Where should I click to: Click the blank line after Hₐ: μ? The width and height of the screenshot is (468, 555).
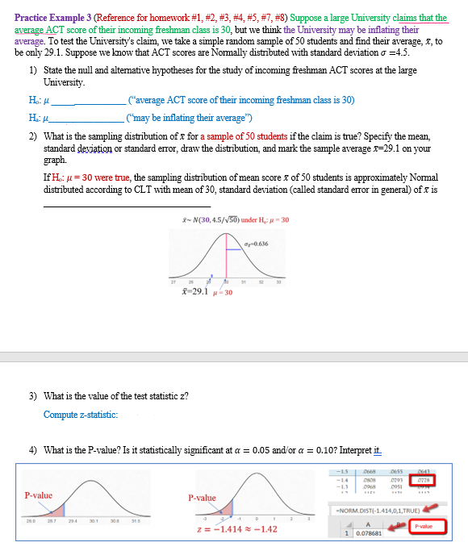[95, 118]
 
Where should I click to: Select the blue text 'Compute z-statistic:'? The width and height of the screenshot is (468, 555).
[81, 415]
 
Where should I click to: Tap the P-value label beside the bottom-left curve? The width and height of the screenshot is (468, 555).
[38, 495]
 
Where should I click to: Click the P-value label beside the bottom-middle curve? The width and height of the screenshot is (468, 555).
[202, 498]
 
